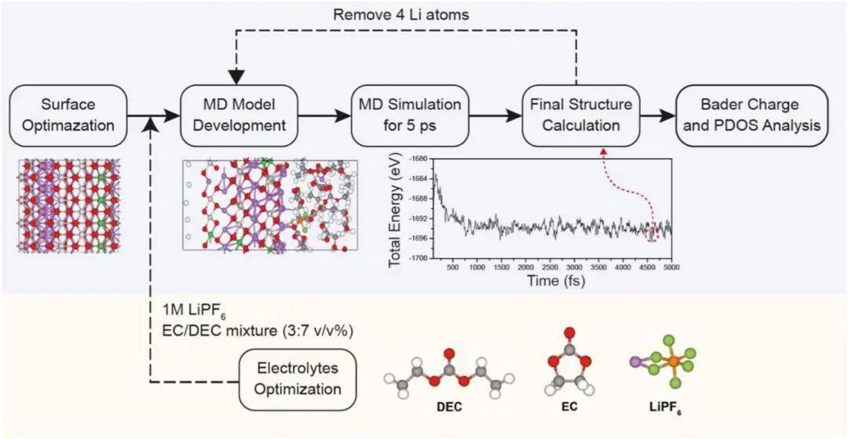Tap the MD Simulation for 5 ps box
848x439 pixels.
tap(405, 116)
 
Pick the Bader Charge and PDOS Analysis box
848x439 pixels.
tap(751, 116)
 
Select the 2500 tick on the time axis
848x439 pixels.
tap(550, 268)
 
